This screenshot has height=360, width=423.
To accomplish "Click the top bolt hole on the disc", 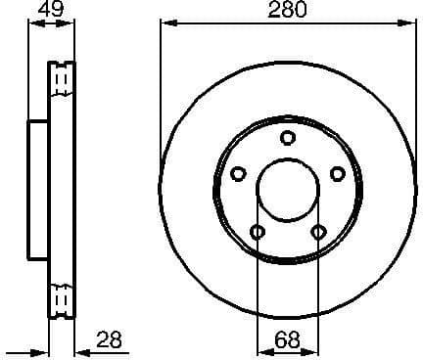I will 287,138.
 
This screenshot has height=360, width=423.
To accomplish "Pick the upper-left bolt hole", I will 238,173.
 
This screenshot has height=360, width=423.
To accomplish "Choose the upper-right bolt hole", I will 337,173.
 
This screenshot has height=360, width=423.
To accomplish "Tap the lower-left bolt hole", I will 258,232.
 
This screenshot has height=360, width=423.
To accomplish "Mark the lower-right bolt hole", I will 317,232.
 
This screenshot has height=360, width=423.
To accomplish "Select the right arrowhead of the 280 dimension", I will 409,23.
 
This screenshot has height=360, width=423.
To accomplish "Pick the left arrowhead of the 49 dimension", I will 31,23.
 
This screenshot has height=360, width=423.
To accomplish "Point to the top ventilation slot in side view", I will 61,78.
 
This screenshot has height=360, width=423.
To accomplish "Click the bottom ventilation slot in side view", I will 61,297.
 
